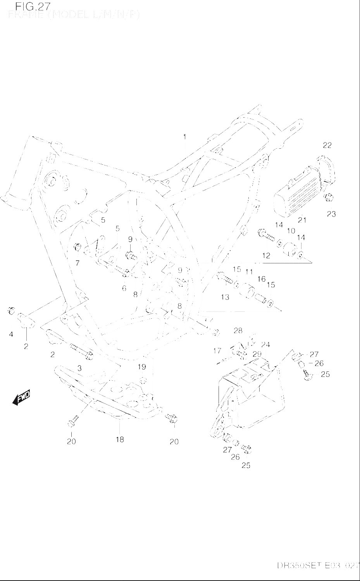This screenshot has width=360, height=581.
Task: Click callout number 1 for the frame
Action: tap(185, 137)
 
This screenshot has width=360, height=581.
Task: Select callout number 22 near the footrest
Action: tap(327, 145)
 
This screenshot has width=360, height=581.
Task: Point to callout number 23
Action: tap(331, 214)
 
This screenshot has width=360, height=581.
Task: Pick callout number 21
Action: tap(302, 220)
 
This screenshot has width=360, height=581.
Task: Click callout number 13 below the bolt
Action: tap(225, 297)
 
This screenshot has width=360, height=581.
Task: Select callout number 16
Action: tap(262, 279)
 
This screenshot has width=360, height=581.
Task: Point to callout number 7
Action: tap(78, 263)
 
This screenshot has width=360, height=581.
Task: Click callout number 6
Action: tap(124, 288)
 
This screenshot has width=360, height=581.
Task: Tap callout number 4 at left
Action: tap(11, 334)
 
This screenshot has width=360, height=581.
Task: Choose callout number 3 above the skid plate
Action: tap(79, 368)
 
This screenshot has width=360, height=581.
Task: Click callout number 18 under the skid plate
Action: tap(120, 440)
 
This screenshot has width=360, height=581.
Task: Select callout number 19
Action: tap(141, 366)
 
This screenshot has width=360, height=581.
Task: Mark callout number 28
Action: tap(238, 330)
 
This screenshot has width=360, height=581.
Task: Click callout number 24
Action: tap(265, 345)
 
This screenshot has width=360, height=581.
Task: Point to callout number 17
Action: tap(217, 351)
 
